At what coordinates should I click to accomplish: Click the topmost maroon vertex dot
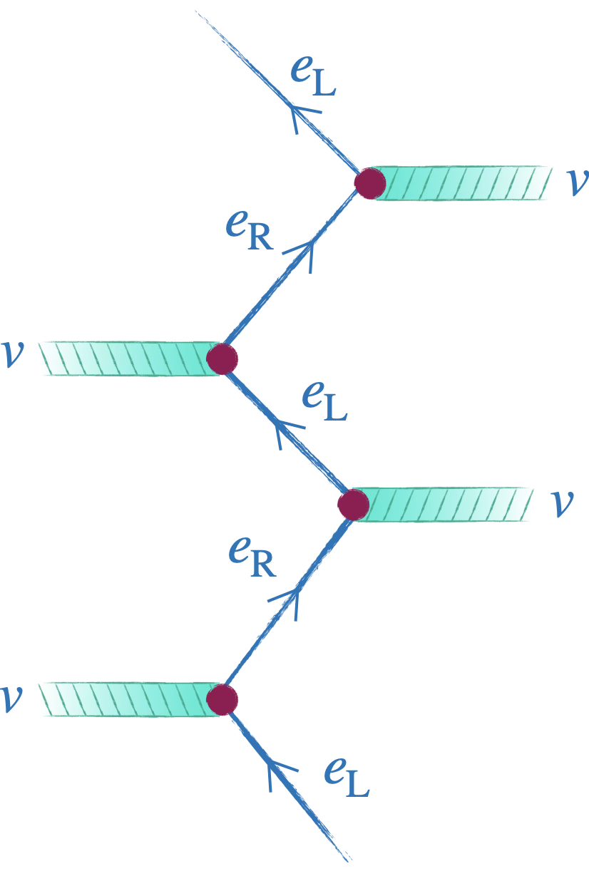pos(370,183)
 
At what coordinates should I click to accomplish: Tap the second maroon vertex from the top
pos(222,359)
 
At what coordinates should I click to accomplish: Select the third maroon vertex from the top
pos(353,505)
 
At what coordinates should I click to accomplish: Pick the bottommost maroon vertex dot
pos(222,700)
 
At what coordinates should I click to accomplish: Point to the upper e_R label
pos(250,231)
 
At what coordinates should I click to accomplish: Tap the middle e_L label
pos(324,401)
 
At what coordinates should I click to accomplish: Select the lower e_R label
pos(252,557)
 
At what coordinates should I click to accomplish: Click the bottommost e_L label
pos(347,778)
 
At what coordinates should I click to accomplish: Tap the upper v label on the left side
pos(12,354)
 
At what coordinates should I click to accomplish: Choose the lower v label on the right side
pos(562,504)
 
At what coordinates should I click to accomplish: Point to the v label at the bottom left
pos(11,699)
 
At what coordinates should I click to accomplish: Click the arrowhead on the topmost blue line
pos(302,115)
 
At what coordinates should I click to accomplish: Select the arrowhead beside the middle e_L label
pos(286,431)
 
